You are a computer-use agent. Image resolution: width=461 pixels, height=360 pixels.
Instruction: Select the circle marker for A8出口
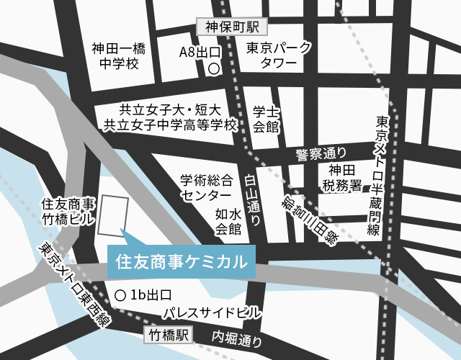213,69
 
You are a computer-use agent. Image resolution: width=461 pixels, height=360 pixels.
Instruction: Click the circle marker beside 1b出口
120,295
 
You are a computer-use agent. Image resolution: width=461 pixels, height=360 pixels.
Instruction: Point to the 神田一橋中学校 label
118,56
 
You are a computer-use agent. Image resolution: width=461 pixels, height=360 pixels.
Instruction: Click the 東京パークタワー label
280,56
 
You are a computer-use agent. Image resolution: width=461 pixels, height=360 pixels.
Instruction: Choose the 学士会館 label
266,120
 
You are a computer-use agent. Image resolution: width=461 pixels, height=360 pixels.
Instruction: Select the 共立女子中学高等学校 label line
170,125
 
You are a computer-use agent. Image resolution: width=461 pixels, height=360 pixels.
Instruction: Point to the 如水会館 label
228,221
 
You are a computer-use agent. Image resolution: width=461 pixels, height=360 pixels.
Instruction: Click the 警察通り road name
321,153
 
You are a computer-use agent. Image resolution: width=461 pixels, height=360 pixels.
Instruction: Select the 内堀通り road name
236,338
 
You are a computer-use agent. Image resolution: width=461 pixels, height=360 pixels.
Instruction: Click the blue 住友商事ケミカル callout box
181,260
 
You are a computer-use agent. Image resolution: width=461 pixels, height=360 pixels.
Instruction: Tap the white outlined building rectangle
114,215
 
